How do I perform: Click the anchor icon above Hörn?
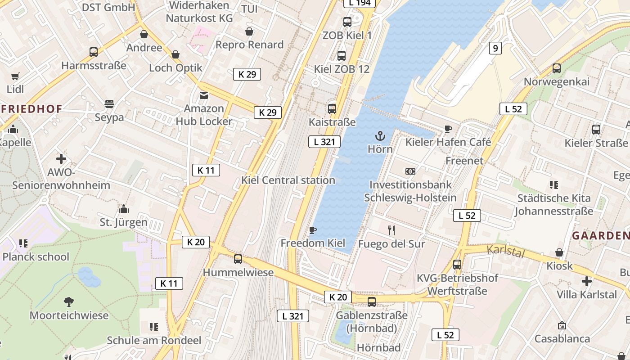pyautogui.click(x=380, y=135)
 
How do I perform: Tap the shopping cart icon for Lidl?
pyautogui.click(x=15, y=76)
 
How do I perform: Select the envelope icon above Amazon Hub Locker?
pyautogui.click(x=204, y=95)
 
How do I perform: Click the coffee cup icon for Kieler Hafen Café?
pyautogui.click(x=448, y=129)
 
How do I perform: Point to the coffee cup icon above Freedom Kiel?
pyautogui.click(x=313, y=230)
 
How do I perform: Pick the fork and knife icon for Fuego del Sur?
pyautogui.click(x=391, y=230)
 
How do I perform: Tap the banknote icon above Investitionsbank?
pyautogui.click(x=410, y=171)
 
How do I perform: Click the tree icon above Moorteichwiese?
pyautogui.click(x=69, y=301)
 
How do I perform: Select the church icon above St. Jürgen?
pyautogui.click(x=124, y=209)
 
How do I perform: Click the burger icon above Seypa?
pyautogui.click(x=109, y=104)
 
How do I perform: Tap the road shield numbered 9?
pyautogui.click(x=495, y=48)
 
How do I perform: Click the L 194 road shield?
pyautogui.click(x=360, y=3)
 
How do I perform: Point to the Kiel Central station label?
pyautogui.click(x=288, y=180)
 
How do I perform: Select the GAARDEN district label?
pyautogui.click(x=600, y=235)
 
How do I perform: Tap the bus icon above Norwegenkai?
pyautogui.click(x=557, y=68)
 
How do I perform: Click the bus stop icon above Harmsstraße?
pyautogui.click(x=94, y=52)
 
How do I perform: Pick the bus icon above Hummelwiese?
pyautogui.click(x=238, y=259)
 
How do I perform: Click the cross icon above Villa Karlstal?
pyautogui.click(x=586, y=281)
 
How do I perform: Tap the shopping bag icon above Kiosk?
pyautogui.click(x=559, y=252)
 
